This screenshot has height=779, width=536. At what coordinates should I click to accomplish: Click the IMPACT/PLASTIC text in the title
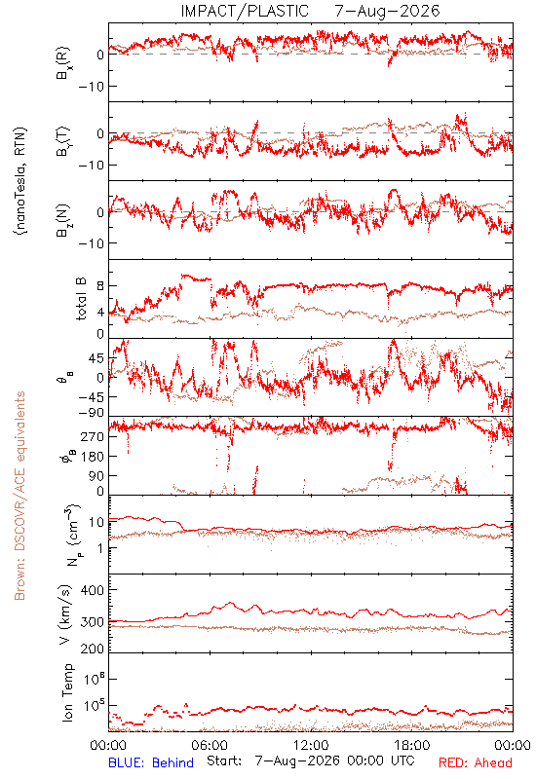click(245, 11)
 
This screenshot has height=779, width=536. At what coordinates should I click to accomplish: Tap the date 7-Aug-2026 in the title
click(387, 11)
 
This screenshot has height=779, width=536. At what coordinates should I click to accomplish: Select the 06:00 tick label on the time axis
click(210, 745)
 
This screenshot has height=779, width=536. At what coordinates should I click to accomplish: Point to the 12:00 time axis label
click(311, 745)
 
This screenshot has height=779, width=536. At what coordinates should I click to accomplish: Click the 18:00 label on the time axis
click(412, 745)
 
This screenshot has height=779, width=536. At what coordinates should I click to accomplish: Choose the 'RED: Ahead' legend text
click(475, 762)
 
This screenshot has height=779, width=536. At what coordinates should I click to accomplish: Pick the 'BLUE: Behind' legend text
click(151, 762)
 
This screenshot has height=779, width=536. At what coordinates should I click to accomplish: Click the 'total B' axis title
click(81, 299)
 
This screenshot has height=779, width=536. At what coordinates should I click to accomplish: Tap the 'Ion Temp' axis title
click(67, 692)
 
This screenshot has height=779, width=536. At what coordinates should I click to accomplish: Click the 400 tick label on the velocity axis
click(92, 590)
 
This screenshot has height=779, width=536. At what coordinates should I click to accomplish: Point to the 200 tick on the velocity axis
click(92, 649)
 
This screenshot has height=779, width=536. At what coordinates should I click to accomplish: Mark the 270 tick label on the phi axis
click(92, 436)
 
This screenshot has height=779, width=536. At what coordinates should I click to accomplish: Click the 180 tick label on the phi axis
click(92, 457)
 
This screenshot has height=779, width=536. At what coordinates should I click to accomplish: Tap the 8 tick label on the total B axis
click(100, 286)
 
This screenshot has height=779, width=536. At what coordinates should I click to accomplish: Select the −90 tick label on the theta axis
click(91, 413)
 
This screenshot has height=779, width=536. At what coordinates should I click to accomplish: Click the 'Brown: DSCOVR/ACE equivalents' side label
click(19, 496)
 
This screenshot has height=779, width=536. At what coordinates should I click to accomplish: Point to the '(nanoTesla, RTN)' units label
click(20, 181)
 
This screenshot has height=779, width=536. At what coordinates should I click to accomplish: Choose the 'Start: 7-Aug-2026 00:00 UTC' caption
click(311, 761)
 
